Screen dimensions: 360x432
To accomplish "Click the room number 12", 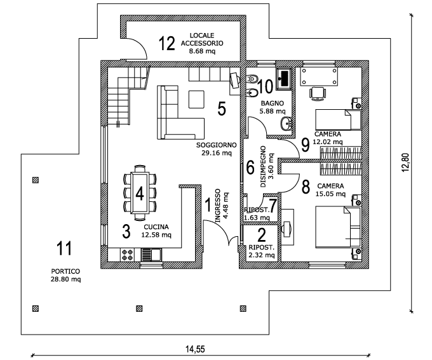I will pos(166,43).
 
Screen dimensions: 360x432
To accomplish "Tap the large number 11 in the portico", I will pos(64,247).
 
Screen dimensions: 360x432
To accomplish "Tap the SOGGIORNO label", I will pos(217,145).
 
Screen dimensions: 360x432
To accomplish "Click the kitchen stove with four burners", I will pos(127,255).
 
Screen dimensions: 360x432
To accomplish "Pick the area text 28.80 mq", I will pos(66,279).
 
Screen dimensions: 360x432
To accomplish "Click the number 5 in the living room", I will pos(221,109).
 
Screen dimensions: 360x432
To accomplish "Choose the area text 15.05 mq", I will pos(331,194).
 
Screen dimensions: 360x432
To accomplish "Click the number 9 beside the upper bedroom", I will pos(306,145).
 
